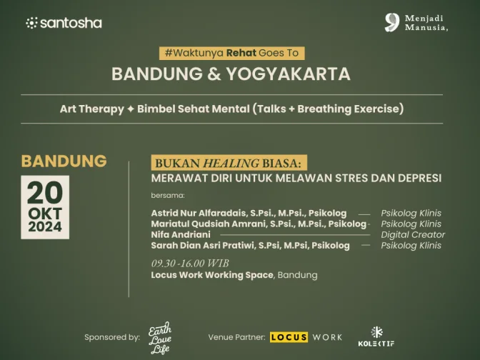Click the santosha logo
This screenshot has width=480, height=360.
click(x=64, y=24)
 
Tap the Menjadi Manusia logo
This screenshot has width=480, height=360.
click(x=416, y=23)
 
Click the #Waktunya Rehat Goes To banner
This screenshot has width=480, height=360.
click(x=231, y=53)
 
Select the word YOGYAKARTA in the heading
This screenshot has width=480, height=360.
click(x=288, y=74)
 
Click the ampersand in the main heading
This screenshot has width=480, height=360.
click(x=214, y=74)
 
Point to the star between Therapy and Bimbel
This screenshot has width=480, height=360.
click(x=131, y=109)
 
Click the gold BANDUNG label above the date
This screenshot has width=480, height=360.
click(x=64, y=161)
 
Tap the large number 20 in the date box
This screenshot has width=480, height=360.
click(x=45, y=193)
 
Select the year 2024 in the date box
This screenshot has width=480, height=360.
click(x=45, y=227)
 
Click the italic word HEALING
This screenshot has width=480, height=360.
click(x=231, y=163)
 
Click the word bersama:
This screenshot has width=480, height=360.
click(x=168, y=195)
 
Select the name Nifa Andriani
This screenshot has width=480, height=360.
click(x=181, y=234)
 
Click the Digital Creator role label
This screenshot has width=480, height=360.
click(x=413, y=235)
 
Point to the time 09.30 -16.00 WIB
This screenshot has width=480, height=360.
click(x=190, y=264)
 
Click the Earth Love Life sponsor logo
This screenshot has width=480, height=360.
click(x=160, y=338)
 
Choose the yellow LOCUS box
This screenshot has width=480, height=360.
click(x=289, y=337)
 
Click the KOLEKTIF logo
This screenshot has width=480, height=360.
click(x=376, y=336)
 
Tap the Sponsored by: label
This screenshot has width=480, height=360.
click(x=112, y=337)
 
